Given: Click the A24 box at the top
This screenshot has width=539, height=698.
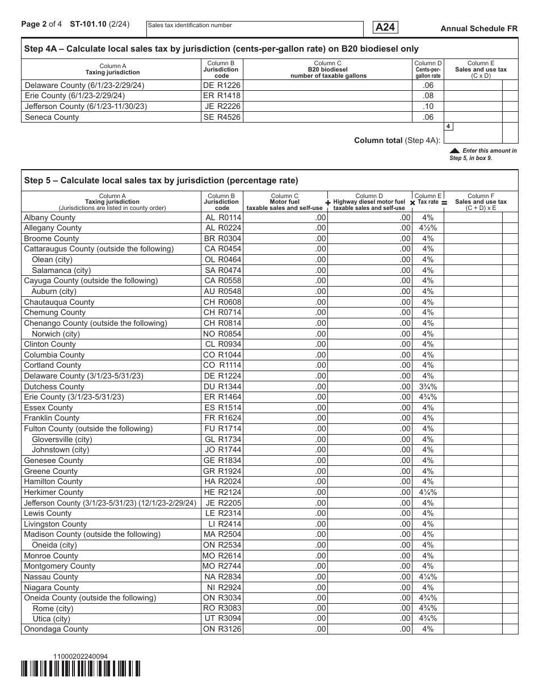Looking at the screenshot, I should click(x=385, y=27).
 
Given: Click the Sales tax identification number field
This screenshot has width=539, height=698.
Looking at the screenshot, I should click(x=254, y=29).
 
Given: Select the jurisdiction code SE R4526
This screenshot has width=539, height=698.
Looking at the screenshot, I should click(x=222, y=117).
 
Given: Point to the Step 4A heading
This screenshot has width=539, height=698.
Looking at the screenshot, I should click(x=221, y=49).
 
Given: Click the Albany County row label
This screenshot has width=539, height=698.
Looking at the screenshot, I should click(x=50, y=217).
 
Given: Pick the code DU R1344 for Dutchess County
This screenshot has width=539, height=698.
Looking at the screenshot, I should click(x=222, y=386).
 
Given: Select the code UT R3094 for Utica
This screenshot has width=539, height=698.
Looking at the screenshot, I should click(x=222, y=619).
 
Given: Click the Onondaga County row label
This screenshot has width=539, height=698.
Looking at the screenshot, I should click(x=56, y=629).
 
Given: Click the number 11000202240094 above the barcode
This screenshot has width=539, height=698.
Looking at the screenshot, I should click(x=80, y=657).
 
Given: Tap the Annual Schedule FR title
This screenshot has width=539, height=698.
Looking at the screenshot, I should click(x=479, y=28).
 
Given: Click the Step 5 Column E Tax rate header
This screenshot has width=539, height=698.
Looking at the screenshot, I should click(x=428, y=199).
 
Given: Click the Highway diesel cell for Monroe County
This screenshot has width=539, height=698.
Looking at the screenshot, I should click(x=369, y=556).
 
